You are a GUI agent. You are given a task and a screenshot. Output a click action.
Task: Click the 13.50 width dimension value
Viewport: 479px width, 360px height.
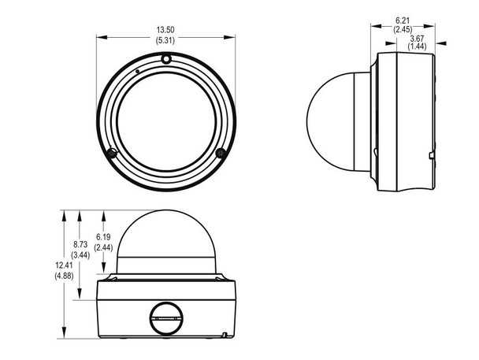coord(166,30)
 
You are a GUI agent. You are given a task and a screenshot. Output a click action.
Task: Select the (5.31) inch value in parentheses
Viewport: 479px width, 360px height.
coord(166,40)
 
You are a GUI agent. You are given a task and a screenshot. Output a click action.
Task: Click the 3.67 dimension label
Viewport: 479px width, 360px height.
coord(418,39)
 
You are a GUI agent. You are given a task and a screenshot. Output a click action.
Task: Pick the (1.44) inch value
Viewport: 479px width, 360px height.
coord(418,48)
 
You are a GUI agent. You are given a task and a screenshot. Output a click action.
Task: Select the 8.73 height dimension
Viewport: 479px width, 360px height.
coord(80,246)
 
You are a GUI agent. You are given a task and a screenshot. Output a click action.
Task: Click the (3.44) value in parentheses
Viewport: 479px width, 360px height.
coord(80,256)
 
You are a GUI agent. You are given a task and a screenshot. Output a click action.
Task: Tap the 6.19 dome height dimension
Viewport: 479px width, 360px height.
coord(102,237)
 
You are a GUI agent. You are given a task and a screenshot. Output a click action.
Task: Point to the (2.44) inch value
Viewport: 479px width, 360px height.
coord(102,247)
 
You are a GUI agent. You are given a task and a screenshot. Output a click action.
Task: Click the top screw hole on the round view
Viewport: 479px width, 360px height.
coord(166,58)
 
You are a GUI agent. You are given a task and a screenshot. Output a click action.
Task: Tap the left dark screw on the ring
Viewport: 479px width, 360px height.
coord(112,151)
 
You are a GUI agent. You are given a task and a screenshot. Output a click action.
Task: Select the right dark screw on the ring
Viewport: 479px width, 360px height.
coord(221,151)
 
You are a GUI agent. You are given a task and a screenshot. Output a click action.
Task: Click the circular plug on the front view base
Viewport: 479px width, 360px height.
coord(166,318)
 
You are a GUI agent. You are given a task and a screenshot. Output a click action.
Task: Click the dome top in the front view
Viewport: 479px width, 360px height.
coord(166,225)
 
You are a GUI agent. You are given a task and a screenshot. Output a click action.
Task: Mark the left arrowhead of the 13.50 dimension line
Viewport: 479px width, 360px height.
coord(99,35)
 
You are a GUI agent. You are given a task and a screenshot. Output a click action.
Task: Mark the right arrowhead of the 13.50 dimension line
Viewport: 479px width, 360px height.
coord(234,35)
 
